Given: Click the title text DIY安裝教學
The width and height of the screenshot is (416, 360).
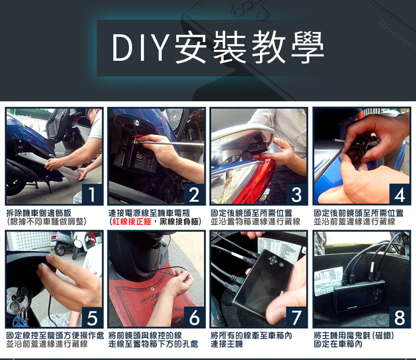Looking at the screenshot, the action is (x=217, y=48).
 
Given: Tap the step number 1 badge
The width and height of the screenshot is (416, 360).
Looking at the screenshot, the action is (x=92, y=194).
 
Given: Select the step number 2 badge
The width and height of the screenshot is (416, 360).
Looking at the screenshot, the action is (x=194, y=194).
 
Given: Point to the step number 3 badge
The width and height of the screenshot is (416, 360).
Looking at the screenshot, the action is (x=296, y=194).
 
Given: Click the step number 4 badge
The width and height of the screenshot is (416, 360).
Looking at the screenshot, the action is (x=399, y=194).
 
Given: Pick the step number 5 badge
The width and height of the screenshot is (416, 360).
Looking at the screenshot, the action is (x=92, y=317).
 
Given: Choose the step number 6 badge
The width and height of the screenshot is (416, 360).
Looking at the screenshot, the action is (x=194, y=317).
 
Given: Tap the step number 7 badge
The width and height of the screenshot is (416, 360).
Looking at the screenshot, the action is (x=296, y=317).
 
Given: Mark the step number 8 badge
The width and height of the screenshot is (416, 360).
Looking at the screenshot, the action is (x=399, y=317).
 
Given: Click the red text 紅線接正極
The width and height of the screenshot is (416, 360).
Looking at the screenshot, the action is (x=132, y=222).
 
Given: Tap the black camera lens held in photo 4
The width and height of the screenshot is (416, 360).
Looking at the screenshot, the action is (x=358, y=149).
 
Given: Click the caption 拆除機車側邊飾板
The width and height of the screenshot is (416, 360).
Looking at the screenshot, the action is (x=38, y=213).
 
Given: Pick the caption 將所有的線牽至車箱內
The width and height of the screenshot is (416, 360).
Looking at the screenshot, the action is (x=251, y=336).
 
